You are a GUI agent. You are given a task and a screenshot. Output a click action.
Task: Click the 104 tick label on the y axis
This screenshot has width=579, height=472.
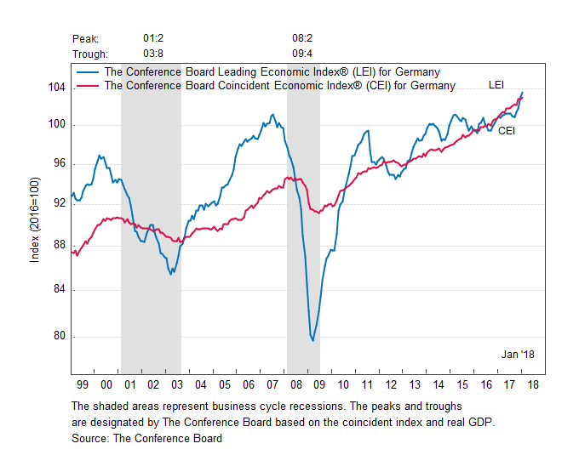(x=56, y=87)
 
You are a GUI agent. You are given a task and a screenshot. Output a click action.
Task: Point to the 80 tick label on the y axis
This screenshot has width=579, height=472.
(x=59, y=336)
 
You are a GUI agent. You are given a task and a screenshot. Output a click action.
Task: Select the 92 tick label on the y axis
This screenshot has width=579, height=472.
(x=59, y=203)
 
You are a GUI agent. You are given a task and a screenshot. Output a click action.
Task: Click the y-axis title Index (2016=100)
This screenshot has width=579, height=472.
(x=35, y=220)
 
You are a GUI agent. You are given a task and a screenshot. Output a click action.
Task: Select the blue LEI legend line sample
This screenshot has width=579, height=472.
(x=88, y=73)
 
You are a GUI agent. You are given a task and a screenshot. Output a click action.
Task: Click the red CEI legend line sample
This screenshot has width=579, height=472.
(x=88, y=86)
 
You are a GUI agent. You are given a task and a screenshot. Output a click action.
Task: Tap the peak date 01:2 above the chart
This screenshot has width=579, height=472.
(x=154, y=39)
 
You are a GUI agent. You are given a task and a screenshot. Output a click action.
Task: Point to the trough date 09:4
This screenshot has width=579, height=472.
(x=304, y=53)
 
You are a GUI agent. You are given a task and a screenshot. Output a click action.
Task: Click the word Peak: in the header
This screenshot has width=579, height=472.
(x=86, y=39)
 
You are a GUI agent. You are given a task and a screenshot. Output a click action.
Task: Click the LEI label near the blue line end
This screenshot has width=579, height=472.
(x=497, y=84)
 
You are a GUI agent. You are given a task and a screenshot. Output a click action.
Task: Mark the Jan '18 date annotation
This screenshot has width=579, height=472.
(x=518, y=353)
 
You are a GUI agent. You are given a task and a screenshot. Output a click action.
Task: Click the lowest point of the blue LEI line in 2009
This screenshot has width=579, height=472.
(x=313, y=341)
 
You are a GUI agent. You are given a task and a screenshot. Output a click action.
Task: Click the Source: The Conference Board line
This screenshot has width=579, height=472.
(x=147, y=439)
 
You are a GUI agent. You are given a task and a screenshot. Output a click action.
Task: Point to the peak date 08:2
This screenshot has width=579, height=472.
(x=304, y=39)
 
